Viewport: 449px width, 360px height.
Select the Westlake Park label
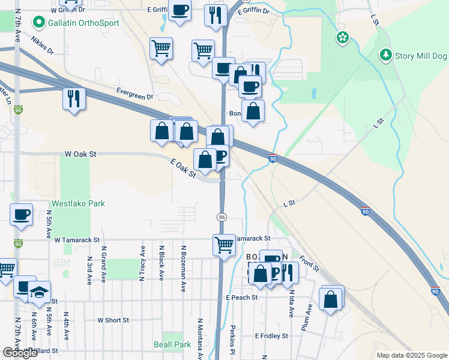pyautogui.click(x=78, y=203)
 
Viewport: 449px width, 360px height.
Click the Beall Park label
pyautogui.click(x=172, y=344)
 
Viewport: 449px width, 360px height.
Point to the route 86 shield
pyautogui.click(x=222, y=216)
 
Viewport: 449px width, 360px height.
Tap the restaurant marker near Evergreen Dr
pyautogui.click(x=74, y=98)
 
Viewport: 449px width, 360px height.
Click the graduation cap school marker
pyautogui.click(x=39, y=292)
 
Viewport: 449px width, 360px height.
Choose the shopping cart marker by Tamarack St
pyautogui.click(x=224, y=244)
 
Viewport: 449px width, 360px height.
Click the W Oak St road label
pyautogui.click(x=80, y=154)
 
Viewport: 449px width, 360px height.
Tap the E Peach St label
pyautogui.click(x=242, y=297)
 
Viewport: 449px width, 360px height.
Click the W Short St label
pyautogui.click(x=113, y=320)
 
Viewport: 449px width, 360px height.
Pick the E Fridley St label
pyautogui.click(x=273, y=336)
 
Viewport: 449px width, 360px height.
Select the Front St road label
pyautogui.click(x=309, y=262)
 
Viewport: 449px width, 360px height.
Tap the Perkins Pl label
pyautogui.click(x=233, y=340)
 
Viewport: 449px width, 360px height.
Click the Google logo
pyautogui.click(x=20, y=353)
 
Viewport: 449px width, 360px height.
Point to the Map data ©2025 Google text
pyautogui.click(x=412, y=355)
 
